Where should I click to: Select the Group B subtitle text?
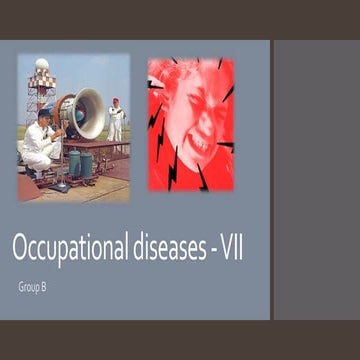pyautogui.click(x=31, y=287)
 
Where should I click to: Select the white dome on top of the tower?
pyautogui.click(x=41, y=65)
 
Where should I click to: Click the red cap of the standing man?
pyautogui.click(x=116, y=101)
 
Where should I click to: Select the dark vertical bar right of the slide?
pyautogui.click(x=272, y=180)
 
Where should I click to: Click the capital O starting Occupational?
pyautogui.click(x=20, y=248)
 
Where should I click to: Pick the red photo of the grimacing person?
pyautogui.click(x=190, y=124)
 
